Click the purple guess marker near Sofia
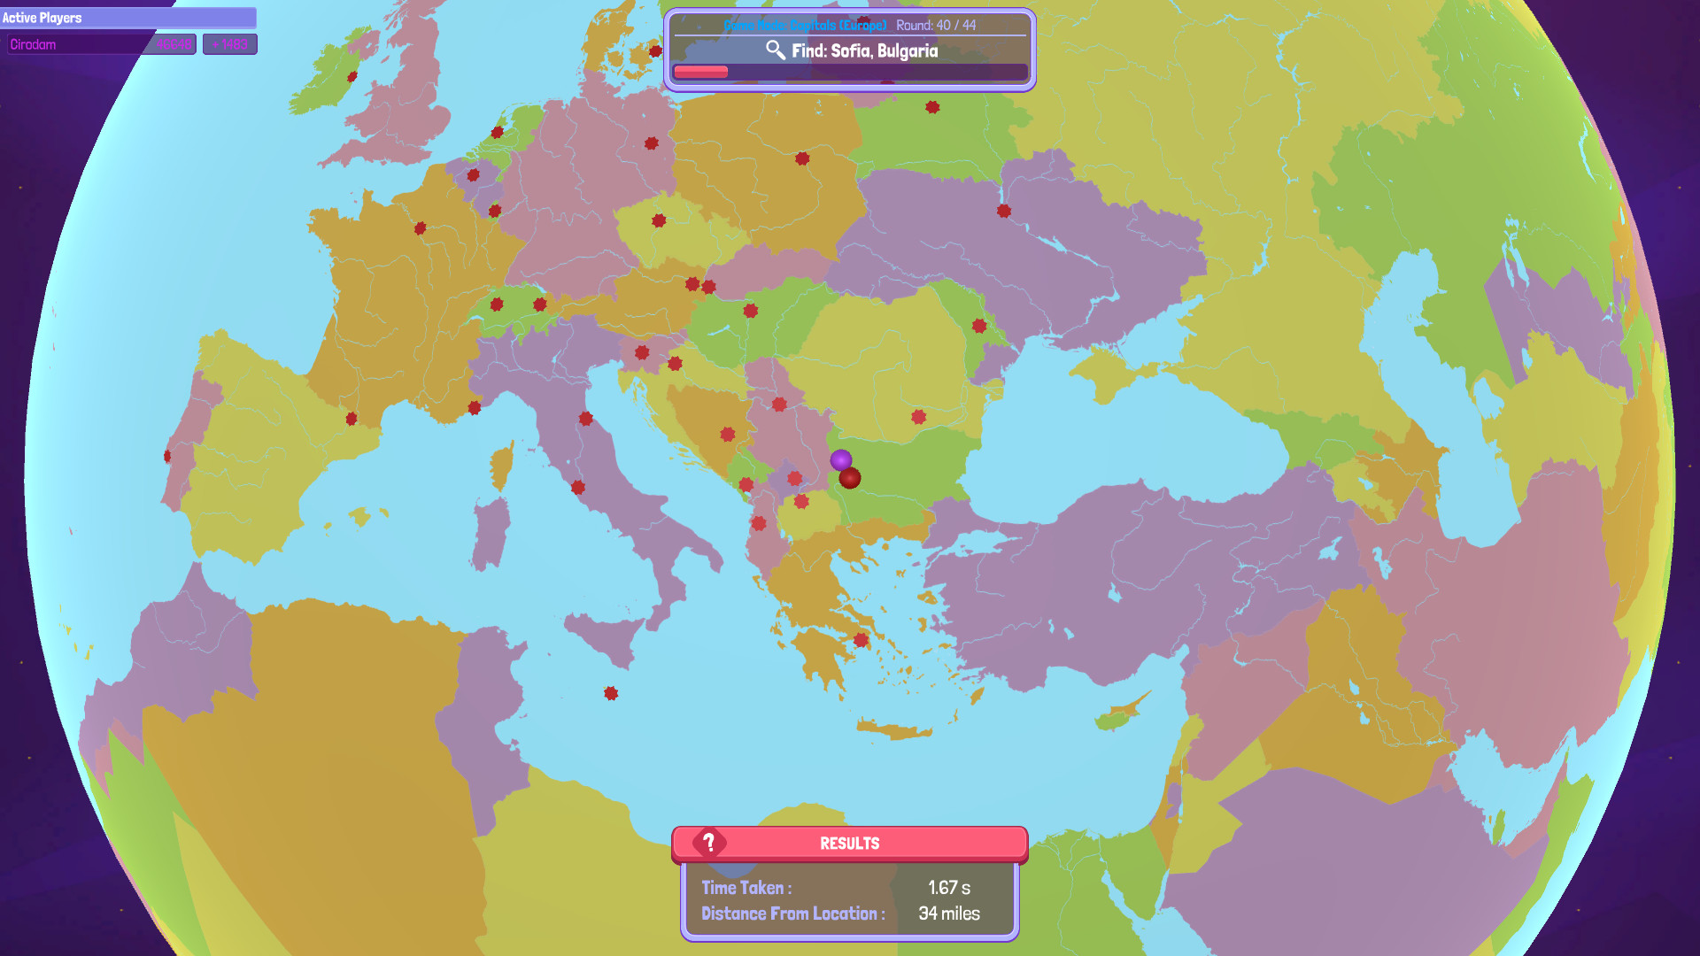pos(840,460)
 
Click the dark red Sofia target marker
pos(850,479)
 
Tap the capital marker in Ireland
pos(352,77)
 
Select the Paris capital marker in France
pos(421,228)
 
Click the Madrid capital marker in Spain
pos(352,419)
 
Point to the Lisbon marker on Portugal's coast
pos(167,457)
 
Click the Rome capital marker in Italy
pos(578,487)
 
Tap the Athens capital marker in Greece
pos(861,640)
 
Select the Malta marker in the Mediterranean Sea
pos(611,693)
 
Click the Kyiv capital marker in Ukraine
pos(1003,211)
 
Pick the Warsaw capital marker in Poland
pos(802,158)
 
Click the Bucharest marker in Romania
pos(918,417)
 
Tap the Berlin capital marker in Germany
pos(652,143)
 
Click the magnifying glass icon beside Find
pos(775,50)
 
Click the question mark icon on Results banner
pos(709,842)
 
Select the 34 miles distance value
pos(949,914)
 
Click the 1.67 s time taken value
pos(949,888)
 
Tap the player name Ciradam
pos(34,44)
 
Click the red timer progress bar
pos(700,72)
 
